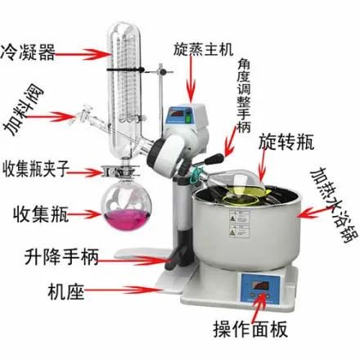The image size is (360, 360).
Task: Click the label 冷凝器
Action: [28, 52]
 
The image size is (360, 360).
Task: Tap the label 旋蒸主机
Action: [204, 50]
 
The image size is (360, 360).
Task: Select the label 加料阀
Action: [24, 111]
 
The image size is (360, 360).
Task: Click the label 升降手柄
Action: [61, 257]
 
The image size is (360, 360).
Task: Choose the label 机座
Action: [66, 291]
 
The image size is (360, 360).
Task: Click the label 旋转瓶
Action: [286, 142]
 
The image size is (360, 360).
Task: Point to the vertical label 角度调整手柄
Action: [244, 96]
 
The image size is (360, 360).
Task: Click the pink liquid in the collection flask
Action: [126, 219]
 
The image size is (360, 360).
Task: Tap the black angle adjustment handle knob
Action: [214, 159]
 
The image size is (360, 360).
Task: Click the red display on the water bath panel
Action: [261, 286]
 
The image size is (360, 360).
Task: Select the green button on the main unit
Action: [188, 119]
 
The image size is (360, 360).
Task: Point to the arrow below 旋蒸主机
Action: [191, 80]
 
